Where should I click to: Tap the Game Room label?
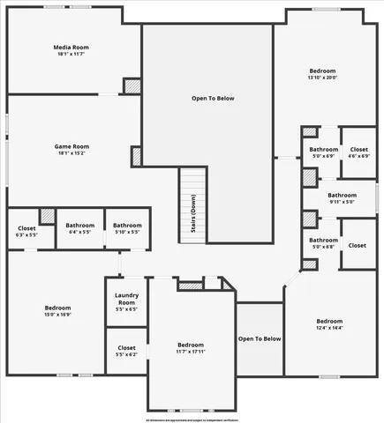coord(73,146)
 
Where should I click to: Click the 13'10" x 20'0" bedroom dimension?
coord(322,78)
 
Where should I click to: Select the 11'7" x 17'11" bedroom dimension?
coord(191,351)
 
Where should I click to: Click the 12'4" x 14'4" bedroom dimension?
coord(329,327)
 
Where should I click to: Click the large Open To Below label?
coord(214,98)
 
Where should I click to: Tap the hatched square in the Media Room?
coord(132,86)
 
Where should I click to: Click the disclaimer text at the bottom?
coord(192,419)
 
